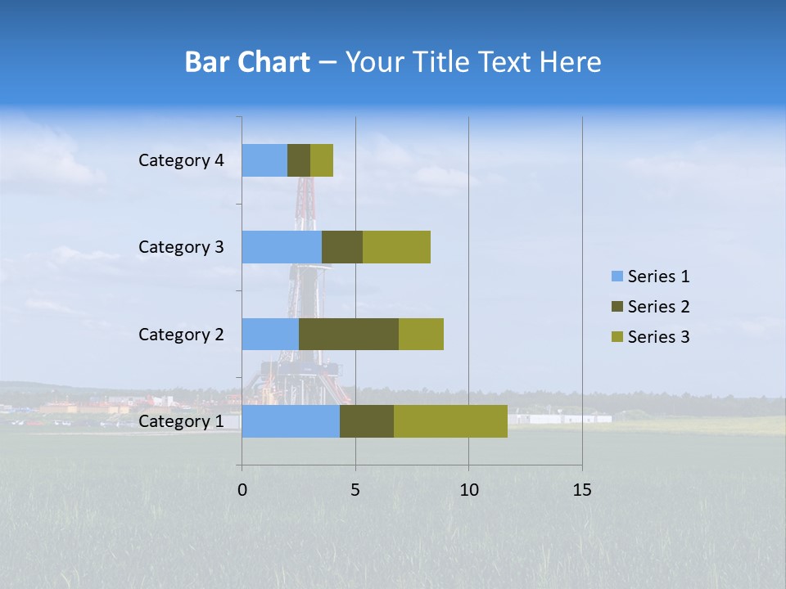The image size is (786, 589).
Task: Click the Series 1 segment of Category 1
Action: (x=291, y=421)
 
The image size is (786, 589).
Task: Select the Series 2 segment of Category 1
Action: (x=367, y=421)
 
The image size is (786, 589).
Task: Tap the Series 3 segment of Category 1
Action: (x=450, y=421)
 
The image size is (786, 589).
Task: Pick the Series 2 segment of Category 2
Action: (x=349, y=334)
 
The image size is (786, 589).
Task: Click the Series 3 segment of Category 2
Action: (x=421, y=334)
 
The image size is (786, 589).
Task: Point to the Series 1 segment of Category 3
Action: (x=282, y=247)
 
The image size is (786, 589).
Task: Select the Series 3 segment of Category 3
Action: (x=396, y=247)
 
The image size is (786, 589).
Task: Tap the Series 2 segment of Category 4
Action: (x=299, y=160)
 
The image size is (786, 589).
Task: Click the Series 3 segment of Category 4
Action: (x=322, y=160)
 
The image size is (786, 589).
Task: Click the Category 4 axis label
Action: (x=181, y=160)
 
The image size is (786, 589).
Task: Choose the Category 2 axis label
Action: (x=181, y=334)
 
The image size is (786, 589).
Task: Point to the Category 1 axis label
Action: (x=181, y=421)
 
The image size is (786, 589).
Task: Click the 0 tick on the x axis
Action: (x=242, y=490)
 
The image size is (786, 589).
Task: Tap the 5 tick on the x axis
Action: (x=355, y=490)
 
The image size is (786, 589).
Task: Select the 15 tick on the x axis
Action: (x=581, y=490)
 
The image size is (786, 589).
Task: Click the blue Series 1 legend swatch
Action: (x=617, y=277)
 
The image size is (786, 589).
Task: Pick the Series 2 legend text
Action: (x=658, y=307)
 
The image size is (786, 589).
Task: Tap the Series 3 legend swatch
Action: (x=617, y=337)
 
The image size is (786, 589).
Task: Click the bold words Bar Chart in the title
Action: (x=247, y=62)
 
